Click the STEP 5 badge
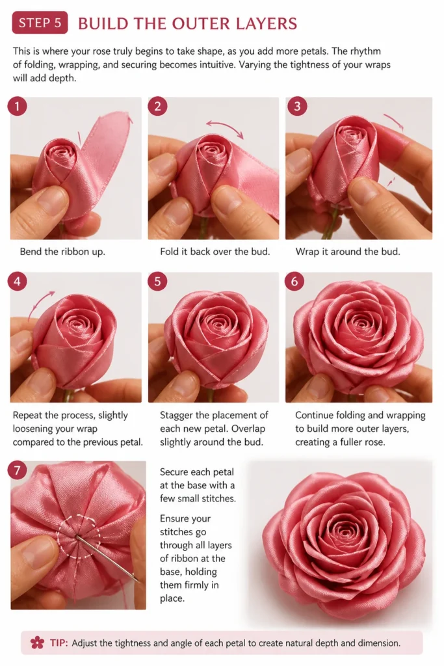click(x=40, y=23)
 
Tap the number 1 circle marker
click(x=17, y=106)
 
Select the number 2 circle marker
click(x=157, y=106)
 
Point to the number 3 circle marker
click(x=296, y=106)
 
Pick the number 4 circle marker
click(x=17, y=281)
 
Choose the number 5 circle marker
click(x=157, y=281)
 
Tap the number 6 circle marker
click(x=294, y=281)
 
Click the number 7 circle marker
click(x=17, y=470)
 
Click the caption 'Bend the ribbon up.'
click(x=62, y=252)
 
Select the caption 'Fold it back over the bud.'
click(x=215, y=252)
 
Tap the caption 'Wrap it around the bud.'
click(x=348, y=252)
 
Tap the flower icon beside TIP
click(x=37, y=642)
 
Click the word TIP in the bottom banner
click(x=59, y=643)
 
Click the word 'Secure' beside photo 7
click(x=175, y=472)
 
